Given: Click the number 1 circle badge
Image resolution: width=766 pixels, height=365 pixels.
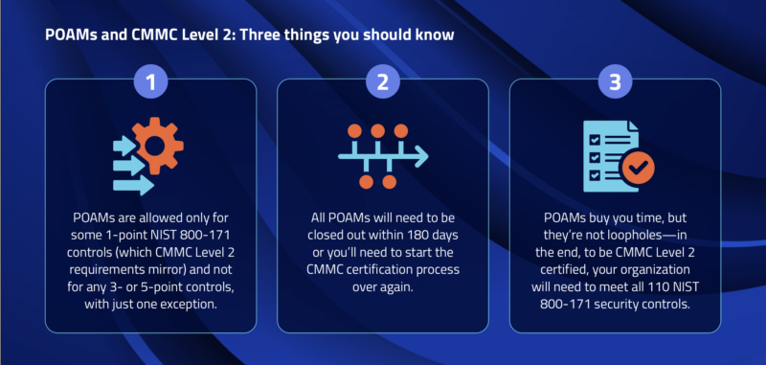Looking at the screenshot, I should coord(149,81).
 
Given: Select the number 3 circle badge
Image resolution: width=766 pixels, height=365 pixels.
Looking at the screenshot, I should coord(614,81).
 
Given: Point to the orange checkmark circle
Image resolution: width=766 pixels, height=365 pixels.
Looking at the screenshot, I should coord(638,170).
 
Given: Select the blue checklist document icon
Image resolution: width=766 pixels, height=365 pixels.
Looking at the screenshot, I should coord(603,153).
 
